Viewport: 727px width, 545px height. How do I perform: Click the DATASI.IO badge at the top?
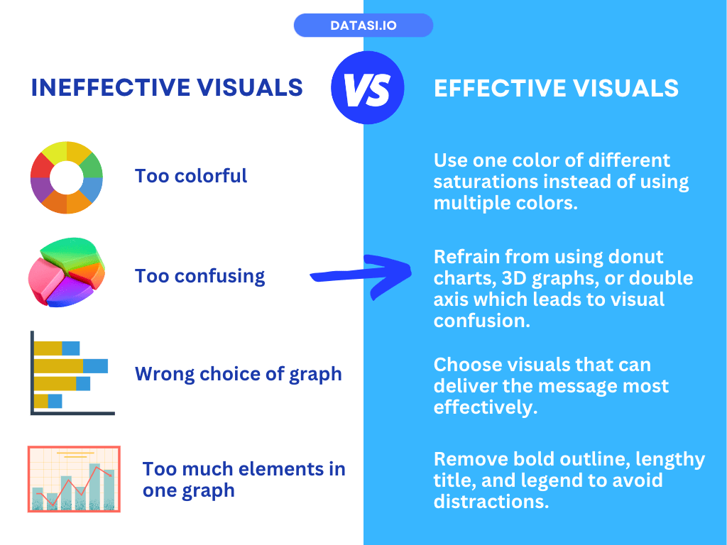(x=363, y=25)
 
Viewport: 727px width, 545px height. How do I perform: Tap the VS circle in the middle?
(x=368, y=87)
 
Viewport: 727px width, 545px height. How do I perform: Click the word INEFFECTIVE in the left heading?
(x=111, y=87)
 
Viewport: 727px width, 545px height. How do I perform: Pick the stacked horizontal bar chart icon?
(x=72, y=373)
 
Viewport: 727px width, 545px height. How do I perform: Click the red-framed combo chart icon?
(x=74, y=479)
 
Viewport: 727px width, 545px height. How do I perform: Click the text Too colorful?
(x=191, y=176)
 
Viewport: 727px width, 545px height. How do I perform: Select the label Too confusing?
(x=199, y=276)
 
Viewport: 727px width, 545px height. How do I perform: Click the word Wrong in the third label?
(x=164, y=374)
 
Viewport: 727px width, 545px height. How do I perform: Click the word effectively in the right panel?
(x=486, y=407)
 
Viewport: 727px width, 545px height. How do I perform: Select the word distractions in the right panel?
(x=491, y=502)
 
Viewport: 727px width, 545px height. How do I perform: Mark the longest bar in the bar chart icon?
(x=71, y=365)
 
